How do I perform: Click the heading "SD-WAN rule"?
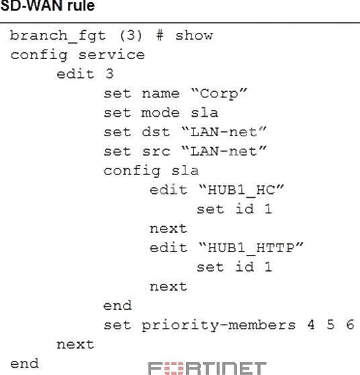click(48, 5)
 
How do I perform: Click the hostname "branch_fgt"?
click(58, 36)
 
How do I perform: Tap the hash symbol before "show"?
click(160, 36)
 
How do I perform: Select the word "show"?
click(194, 36)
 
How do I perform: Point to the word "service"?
click(111, 55)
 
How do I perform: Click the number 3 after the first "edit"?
click(109, 74)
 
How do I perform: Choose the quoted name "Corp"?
click(219, 94)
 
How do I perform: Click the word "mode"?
click(161, 113)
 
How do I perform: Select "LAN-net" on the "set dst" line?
click(224, 131)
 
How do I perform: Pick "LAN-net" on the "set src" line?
click(224, 151)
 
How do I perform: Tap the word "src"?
click(156, 152)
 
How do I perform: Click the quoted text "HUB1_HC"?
click(241, 191)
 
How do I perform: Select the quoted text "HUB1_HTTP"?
click(251, 248)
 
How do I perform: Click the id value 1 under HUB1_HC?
click(268, 209)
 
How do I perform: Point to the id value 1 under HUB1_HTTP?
click(268, 267)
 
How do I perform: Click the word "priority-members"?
click(219, 325)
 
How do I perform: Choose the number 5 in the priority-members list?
click(330, 325)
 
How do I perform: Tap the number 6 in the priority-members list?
click(350, 325)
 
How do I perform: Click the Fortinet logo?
click(208, 368)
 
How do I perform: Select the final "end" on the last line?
click(24, 364)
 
